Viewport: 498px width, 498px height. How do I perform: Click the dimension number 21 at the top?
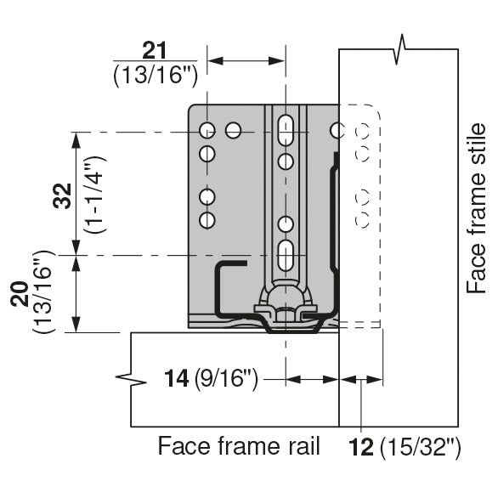[x=155, y=50]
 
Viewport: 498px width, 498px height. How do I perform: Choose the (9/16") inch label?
[x=226, y=377]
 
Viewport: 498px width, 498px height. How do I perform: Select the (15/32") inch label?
[x=421, y=446]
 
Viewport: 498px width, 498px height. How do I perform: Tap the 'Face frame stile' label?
[x=477, y=208]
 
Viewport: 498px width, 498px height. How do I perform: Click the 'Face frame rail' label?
[x=239, y=446]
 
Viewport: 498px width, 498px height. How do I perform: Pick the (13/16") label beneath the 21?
[x=155, y=75]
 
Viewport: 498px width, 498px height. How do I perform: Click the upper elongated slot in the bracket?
[x=286, y=129]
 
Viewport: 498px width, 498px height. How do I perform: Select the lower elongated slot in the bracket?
[x=286, y=254]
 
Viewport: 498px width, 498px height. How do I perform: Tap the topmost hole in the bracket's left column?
[x=206, y=130]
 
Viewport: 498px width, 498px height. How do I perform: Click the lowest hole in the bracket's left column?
[x=206, y=220]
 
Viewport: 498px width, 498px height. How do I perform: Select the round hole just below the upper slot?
[x=286, y=161]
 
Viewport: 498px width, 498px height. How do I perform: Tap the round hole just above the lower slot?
[x=286, y=224]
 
